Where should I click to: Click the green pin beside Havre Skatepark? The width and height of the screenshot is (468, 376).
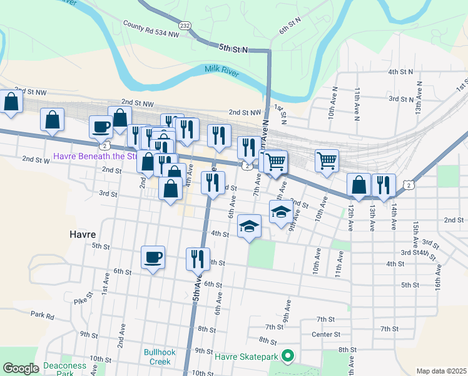pos(288,356)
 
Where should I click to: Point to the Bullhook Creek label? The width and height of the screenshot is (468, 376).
pos(156,357)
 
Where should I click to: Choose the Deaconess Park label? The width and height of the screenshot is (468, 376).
pos(64,370)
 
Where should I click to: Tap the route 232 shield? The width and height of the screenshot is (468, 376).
pos(185,25)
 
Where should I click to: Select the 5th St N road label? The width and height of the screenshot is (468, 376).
pos(233,48)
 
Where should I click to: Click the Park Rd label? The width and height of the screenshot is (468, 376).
pos(41,315)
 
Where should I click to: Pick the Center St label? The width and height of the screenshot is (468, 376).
pos(325,335)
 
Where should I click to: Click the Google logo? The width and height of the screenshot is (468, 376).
pos(21,368)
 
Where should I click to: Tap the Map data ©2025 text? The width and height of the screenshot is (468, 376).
pos(440,371)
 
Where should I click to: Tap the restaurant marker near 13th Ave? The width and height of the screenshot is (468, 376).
pos(384,184)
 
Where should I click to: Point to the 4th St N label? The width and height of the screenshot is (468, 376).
pos(400,72)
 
